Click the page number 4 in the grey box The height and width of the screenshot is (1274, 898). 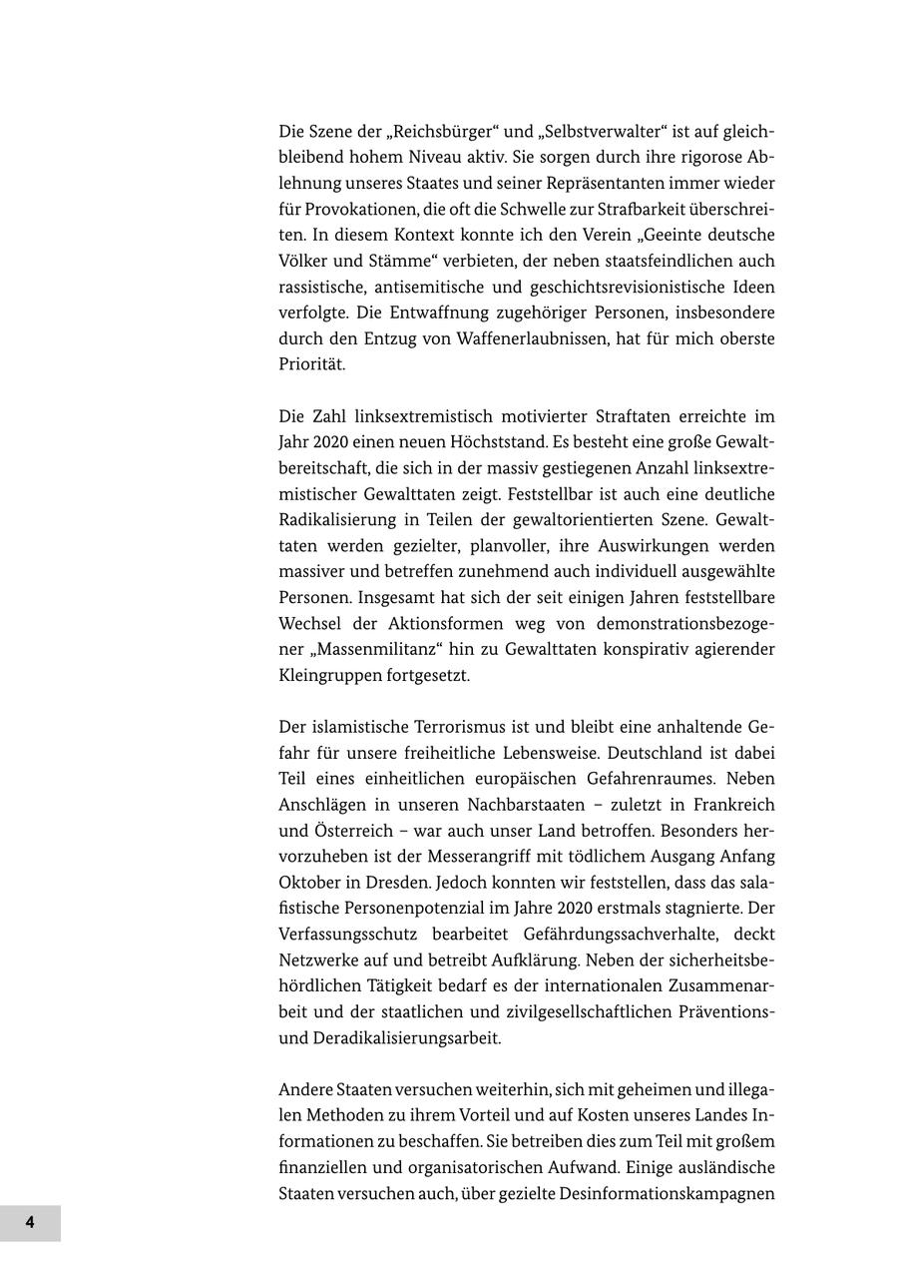(x=30, y=1223)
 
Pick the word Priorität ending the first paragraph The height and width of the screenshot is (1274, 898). (x=312, y=365)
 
